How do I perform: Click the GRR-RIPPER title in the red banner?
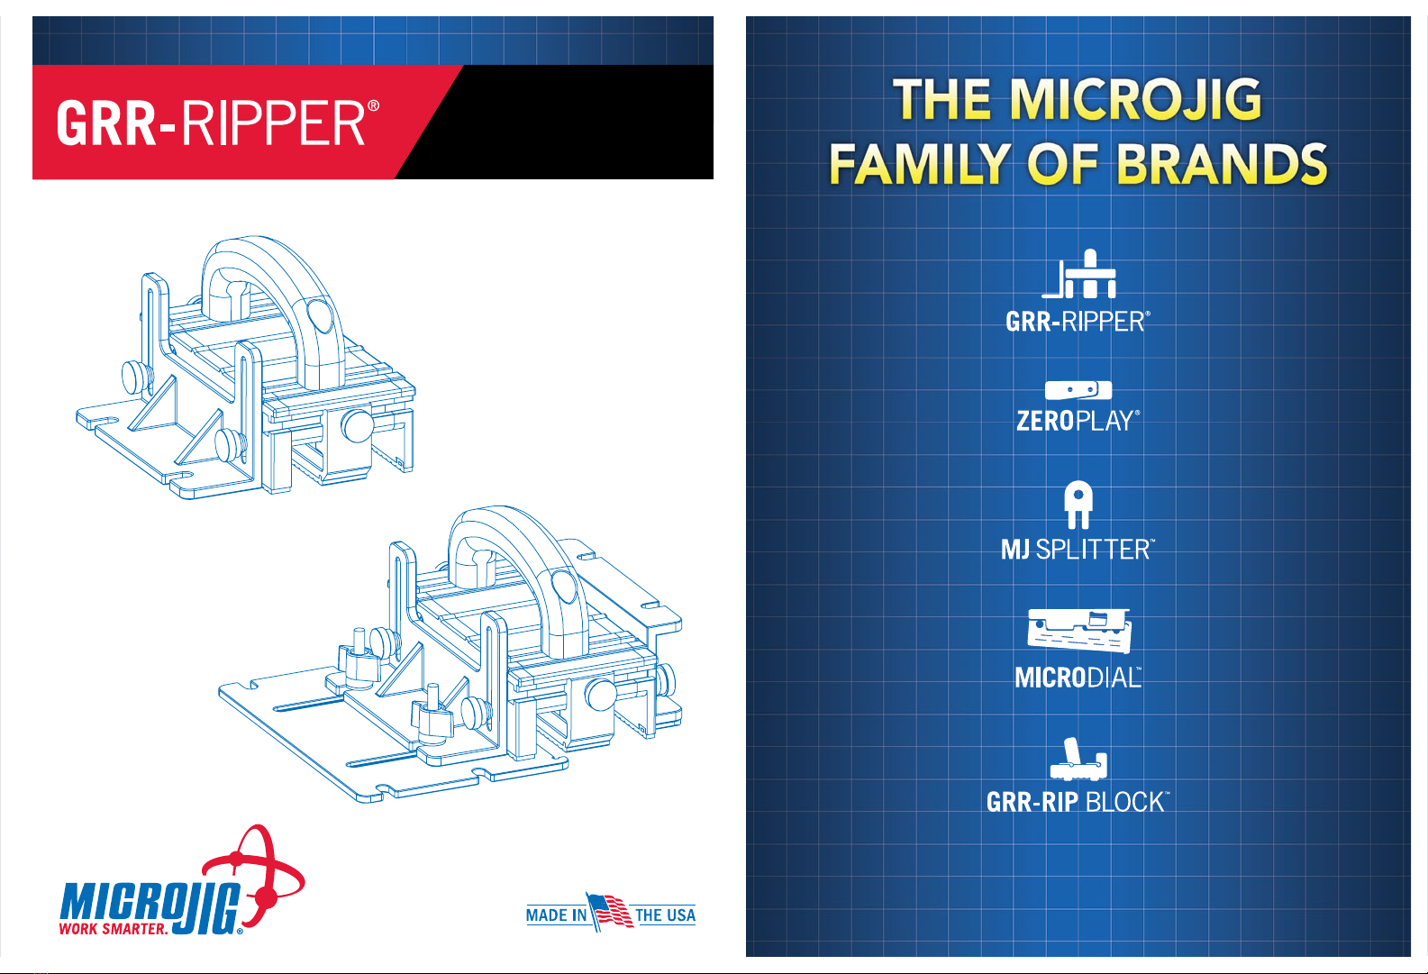(217, 123)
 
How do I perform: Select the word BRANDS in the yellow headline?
(1222, 164)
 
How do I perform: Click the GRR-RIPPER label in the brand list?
(1078, 322)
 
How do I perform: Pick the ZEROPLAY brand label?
(1078, 421)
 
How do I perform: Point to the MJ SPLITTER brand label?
(1078, 550)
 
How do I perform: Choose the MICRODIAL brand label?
(1078, 678)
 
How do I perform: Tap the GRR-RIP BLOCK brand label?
(1078, 802)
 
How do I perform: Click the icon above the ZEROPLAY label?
(1078, 390)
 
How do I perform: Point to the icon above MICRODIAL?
(1078, 631)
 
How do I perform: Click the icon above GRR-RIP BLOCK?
(1078, 759)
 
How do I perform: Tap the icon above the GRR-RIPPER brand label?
(1079, 274)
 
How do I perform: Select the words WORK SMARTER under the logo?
(114, 929)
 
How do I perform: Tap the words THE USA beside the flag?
(665, 915)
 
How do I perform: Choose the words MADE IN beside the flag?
(556, 915)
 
